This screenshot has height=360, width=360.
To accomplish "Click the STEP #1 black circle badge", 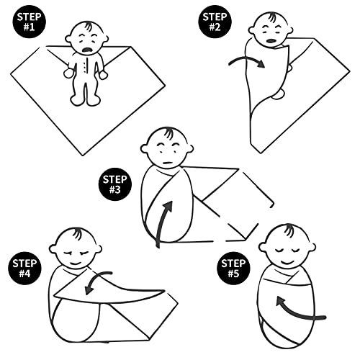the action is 29,22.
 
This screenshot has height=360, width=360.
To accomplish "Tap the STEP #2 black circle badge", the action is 215,22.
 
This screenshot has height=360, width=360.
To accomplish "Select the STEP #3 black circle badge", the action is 115,184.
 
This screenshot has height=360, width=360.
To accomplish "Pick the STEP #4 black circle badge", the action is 24,268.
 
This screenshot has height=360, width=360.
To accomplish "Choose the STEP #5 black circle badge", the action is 233,268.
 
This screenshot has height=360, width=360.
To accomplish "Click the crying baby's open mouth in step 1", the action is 87,50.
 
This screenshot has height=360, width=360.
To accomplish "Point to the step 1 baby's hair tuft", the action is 88,26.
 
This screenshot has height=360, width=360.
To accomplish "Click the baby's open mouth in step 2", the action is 271,41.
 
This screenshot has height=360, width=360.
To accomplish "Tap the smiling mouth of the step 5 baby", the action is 287,261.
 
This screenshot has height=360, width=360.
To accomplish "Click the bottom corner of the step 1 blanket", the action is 83,156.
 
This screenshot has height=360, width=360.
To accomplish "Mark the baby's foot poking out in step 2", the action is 279,94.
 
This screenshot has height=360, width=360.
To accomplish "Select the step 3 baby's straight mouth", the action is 168,163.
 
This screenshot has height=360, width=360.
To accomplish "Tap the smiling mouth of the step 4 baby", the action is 76,263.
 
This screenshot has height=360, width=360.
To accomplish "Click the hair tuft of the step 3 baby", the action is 168,132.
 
